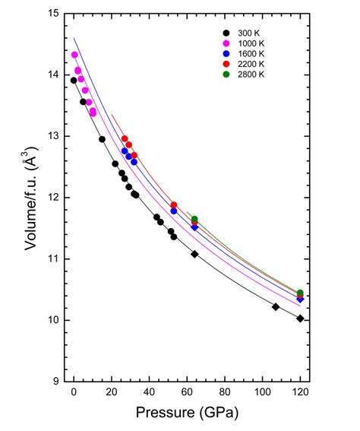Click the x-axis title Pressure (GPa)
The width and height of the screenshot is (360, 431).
pos(188,414)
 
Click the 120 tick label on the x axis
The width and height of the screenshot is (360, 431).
pos(300,394)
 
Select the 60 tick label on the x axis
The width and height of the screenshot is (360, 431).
pos(187,394)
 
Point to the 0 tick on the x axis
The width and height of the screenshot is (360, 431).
pos(74,394)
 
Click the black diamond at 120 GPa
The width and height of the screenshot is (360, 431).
pos(301,318)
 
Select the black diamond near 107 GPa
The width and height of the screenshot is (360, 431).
pos(276,307)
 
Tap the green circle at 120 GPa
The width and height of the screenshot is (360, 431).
pos(300,293)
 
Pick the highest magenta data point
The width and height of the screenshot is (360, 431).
pos(75,55)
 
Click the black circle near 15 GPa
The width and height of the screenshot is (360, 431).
pos(102,139)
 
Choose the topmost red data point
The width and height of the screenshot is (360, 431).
pos(125,139)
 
